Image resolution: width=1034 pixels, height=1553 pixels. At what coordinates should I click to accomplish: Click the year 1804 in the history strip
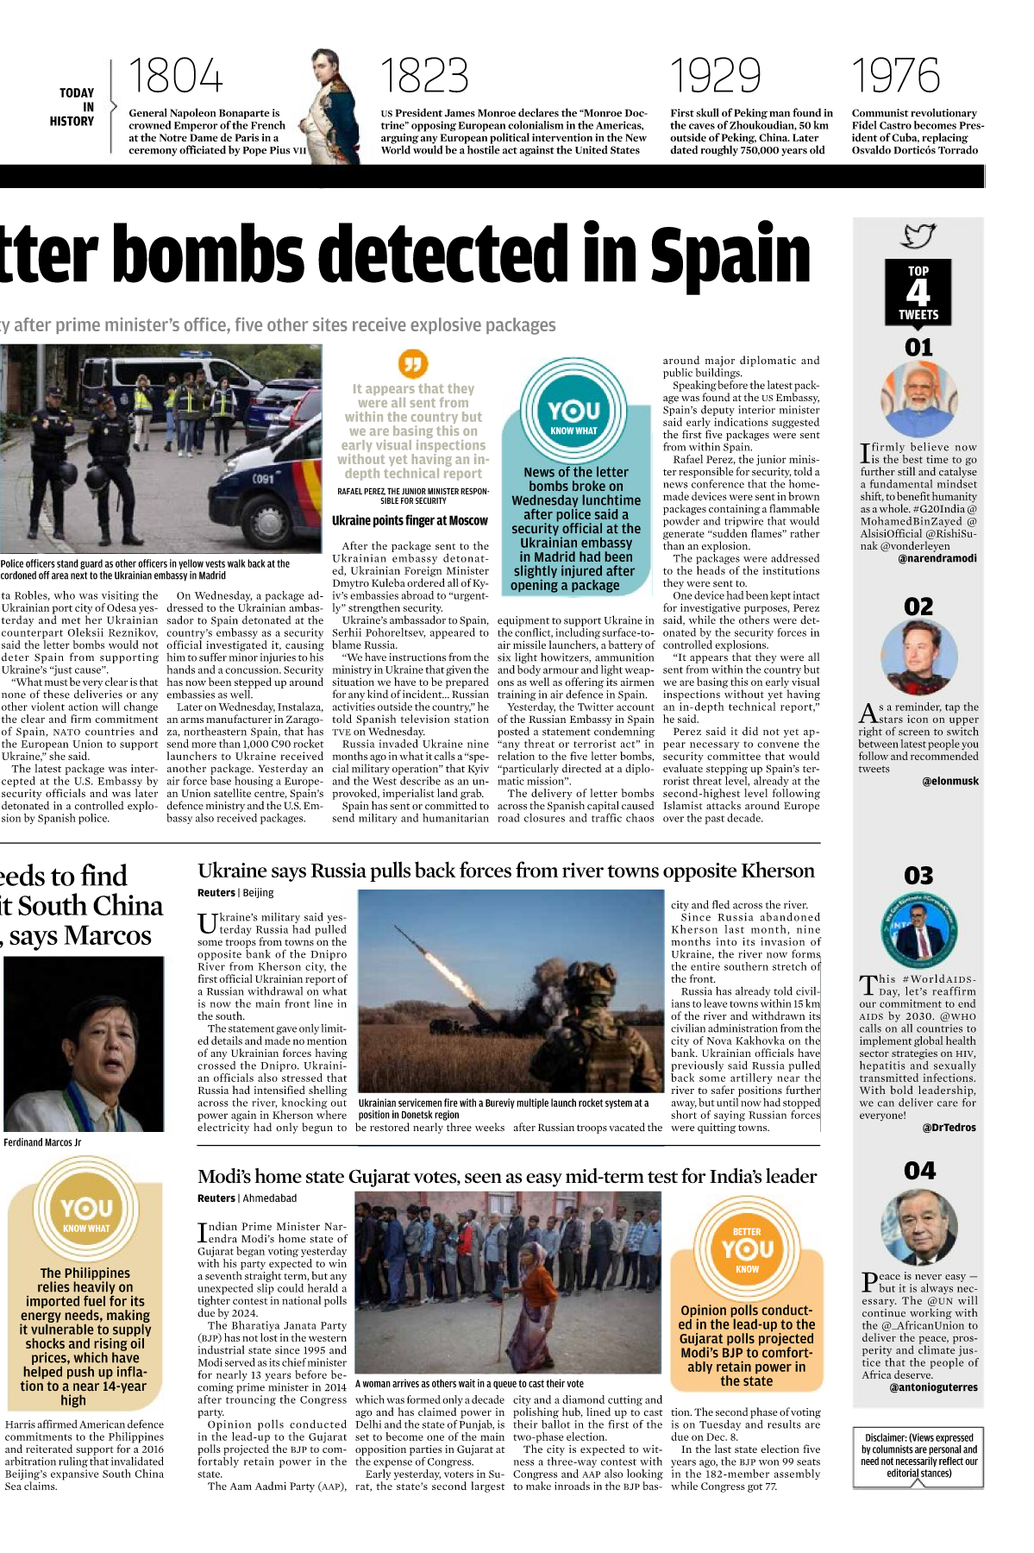tap(176, 77)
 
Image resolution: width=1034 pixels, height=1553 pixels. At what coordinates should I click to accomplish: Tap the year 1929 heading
tap(716, 77)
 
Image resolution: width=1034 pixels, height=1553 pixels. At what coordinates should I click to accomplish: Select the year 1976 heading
tap(895, 77)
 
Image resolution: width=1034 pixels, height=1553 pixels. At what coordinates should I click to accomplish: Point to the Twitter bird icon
tap(918, 236)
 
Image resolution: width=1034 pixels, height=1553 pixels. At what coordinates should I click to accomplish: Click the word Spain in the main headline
tap(730, 255)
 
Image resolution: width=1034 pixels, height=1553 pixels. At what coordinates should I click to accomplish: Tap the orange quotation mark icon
tap(413, 362)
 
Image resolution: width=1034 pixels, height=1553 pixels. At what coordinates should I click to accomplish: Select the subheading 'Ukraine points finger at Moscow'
tap(410, 521)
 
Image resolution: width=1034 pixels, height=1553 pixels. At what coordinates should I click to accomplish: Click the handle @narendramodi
tap(937, 558)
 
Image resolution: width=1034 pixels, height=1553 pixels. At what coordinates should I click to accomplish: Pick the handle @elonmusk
tap(949, 781)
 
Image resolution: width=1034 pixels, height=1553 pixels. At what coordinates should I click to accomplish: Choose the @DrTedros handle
tap(949, 1127)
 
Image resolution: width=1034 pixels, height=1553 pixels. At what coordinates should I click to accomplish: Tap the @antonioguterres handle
tap(933, 1387)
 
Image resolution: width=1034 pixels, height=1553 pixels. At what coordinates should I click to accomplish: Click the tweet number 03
tap(918, 876)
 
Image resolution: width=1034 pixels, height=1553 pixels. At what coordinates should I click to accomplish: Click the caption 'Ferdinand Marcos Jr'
tap(42, 1142)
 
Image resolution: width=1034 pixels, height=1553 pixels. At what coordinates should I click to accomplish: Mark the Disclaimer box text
tap(918, 1456)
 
